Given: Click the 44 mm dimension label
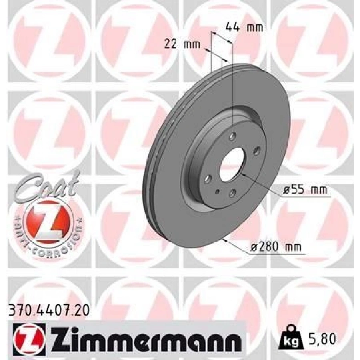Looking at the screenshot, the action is click(x=244, y=27).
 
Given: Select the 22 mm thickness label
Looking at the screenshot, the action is click(x=182, y=44).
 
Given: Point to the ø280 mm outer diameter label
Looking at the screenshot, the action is click(x=276, y=247).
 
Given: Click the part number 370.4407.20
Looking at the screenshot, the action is click(x=48, y=312).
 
